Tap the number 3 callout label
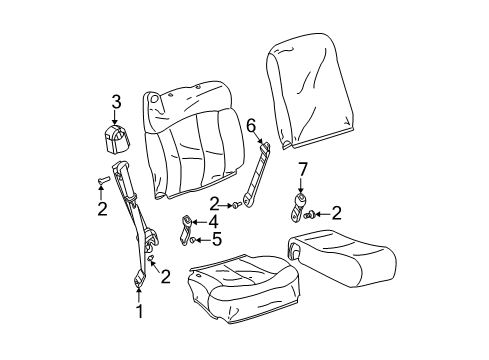point(116,100)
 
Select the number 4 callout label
point(211,222)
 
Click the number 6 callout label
point(252,124)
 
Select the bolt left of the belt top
point(102,180)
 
